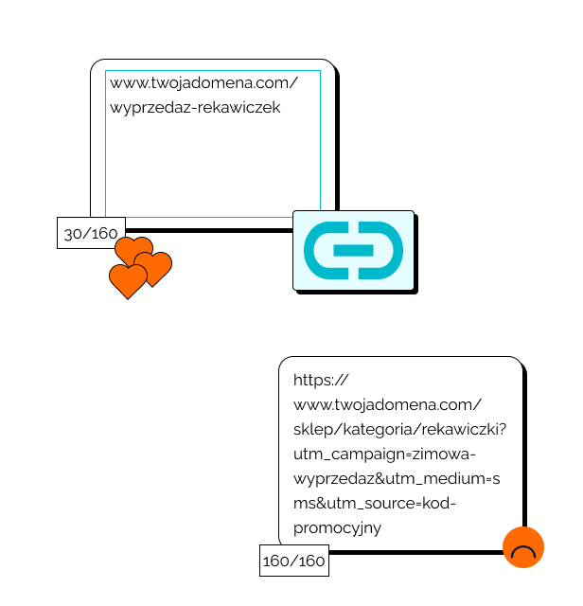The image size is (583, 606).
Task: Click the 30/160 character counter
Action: (91, 233)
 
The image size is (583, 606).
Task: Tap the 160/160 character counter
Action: (293, 561)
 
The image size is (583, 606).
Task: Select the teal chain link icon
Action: (354, 251)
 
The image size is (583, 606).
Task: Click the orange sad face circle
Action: (523, 547)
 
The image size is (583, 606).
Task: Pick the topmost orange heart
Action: (133, 251)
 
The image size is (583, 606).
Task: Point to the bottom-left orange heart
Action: (128, 281)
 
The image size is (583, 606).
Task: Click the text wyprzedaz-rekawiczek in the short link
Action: (195, 108)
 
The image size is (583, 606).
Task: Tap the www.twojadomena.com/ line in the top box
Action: (203, 83)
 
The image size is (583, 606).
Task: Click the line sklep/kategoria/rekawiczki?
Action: (399, 429)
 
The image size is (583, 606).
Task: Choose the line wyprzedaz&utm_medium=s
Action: (397, 478)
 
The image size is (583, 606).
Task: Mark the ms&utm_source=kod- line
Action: (375, 503)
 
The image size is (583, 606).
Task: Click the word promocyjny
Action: (337, 527)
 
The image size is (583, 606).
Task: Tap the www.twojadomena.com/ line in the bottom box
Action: (388, 404)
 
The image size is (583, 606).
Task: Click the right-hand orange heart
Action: (154, 267)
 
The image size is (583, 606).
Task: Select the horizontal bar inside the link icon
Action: (354, 251)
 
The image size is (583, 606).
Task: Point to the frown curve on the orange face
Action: (523, 552)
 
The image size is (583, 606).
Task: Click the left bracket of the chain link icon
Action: (319, 251)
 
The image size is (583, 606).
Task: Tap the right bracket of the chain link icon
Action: (388, 251)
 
